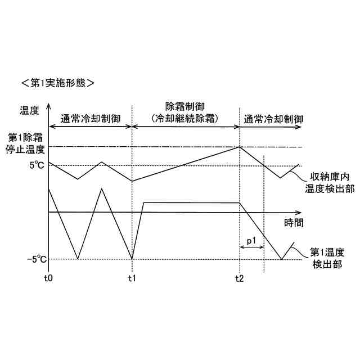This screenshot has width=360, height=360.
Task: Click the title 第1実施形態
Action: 57,83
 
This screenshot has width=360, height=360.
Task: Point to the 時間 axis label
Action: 294,222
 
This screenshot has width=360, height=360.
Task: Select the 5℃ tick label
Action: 36,165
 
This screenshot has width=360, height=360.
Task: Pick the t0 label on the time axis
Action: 48,278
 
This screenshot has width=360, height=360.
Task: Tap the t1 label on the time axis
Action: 132,278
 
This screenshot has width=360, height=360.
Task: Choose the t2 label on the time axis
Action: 240,278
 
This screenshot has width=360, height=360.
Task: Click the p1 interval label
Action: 252,241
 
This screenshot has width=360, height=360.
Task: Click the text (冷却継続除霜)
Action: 185,119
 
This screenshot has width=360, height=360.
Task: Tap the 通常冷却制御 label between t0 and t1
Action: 90,119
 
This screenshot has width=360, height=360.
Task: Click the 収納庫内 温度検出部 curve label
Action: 330,182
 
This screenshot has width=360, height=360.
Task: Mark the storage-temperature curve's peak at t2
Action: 240,147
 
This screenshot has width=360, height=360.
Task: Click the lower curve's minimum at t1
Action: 132,259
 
